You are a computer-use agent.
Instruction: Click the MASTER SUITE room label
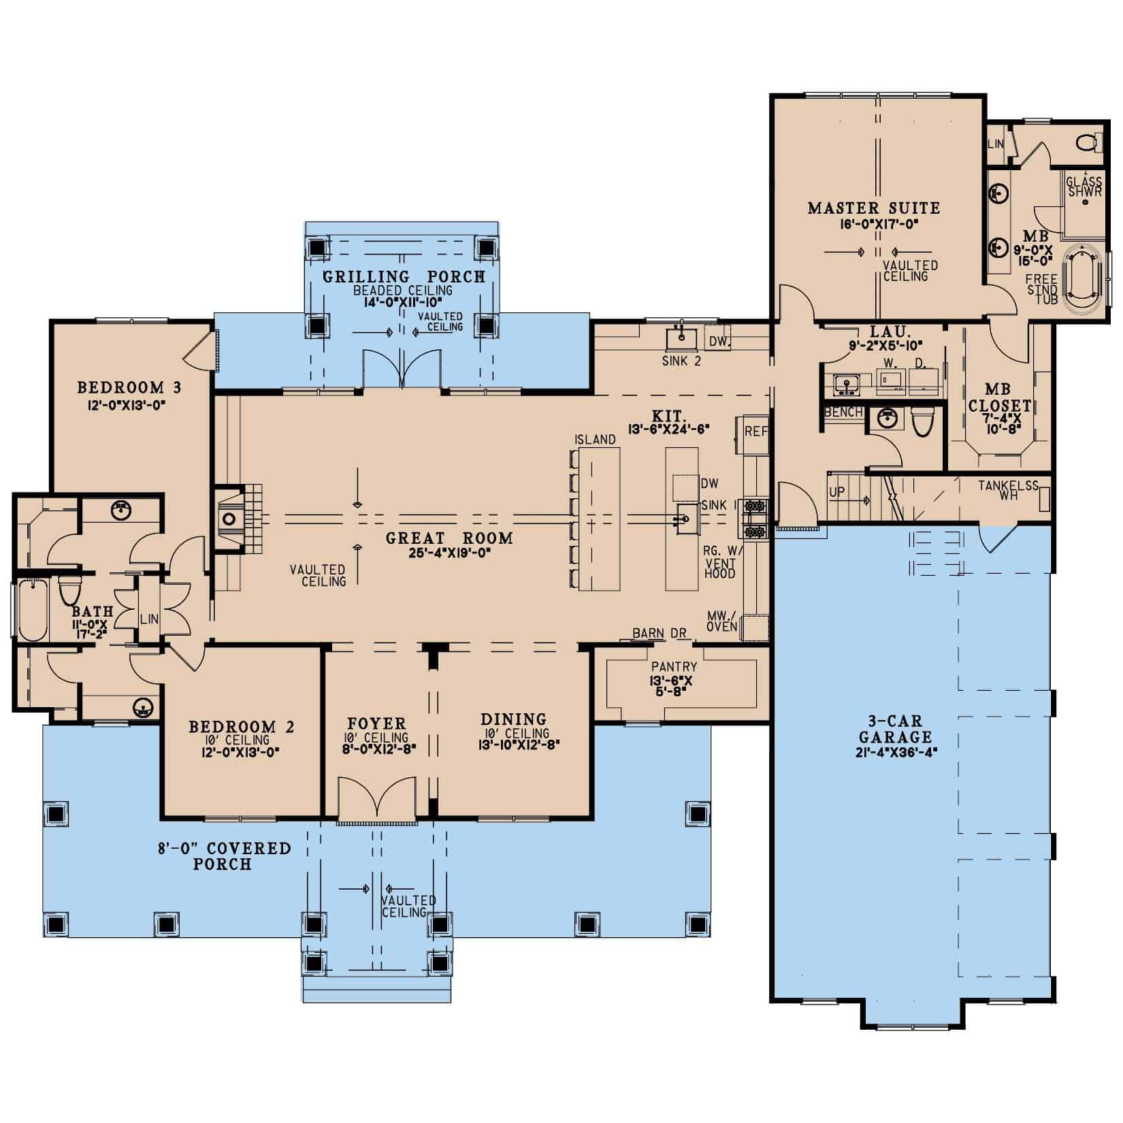pos(873,208)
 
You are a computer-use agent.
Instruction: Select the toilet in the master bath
pos(1087,144)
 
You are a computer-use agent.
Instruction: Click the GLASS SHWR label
pos(1084,186)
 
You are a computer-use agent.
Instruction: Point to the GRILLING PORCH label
pos(404,276)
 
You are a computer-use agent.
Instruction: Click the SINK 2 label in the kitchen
pos(681,361)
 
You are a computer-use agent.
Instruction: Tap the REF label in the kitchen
pos(756,432)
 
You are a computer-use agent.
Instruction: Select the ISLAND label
pos(595,440)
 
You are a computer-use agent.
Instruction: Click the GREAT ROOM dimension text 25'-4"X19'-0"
pos(449,553)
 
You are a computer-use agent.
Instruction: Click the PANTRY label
pos(674,667)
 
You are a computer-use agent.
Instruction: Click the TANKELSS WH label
pos(1008,491)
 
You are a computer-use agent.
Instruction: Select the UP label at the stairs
pos(837,492)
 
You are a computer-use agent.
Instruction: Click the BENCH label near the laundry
pos(843,412)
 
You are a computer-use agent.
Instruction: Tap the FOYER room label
pos(376,723)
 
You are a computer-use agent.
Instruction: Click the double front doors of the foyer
pos(376,800)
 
